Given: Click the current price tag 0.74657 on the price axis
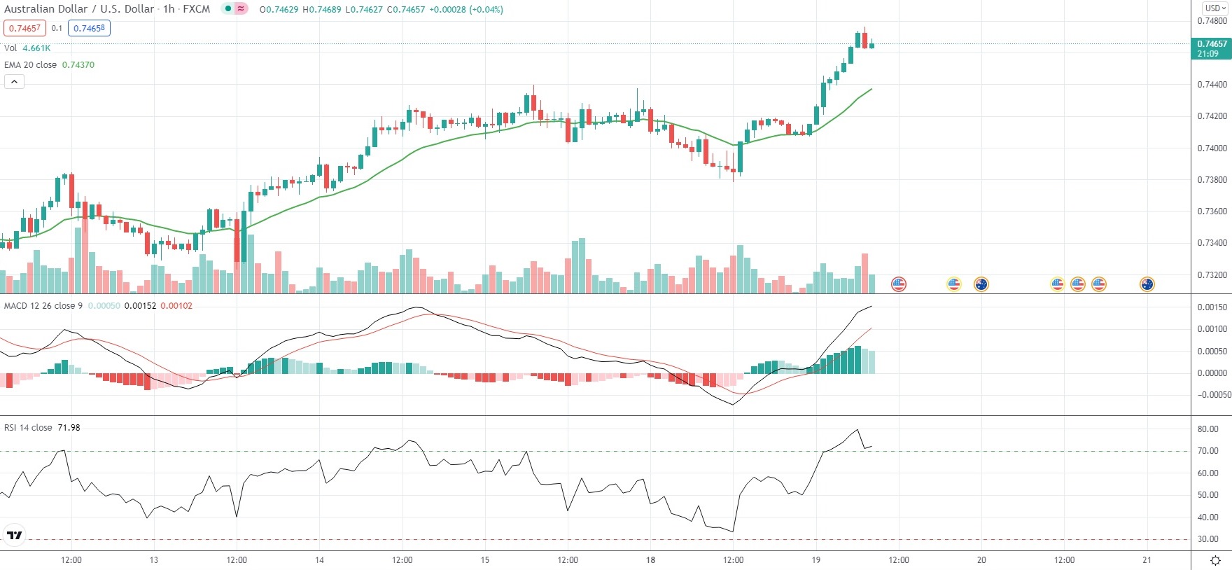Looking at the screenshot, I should click(1212, 44).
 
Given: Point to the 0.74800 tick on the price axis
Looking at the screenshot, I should click(1212, 21).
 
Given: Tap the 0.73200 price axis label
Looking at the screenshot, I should click(1212, 274).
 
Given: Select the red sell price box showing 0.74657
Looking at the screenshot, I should click(24, 28).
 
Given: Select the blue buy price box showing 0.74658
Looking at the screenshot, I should click(89, 28).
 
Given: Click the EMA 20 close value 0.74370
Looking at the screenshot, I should click(78, 64).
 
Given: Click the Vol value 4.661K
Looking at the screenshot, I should click(36, 48).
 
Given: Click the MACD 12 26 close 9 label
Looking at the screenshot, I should click(43, 306).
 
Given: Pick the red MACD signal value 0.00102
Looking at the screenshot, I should click(176, 306).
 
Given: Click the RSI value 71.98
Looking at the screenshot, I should click(69, 428).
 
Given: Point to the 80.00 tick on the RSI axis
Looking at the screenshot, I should click(1208, 429).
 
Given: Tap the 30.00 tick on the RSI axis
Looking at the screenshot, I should click(1208, 539).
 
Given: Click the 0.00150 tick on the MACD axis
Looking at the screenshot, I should click(1212, 307).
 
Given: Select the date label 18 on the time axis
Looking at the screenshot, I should click(650, 560).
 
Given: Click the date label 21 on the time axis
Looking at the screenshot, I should click(1147, 560).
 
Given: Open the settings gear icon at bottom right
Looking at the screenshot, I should click(1216, 561).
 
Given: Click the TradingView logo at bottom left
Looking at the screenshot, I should click(14, 536).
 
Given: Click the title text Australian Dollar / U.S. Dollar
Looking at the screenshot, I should click(79, 9).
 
